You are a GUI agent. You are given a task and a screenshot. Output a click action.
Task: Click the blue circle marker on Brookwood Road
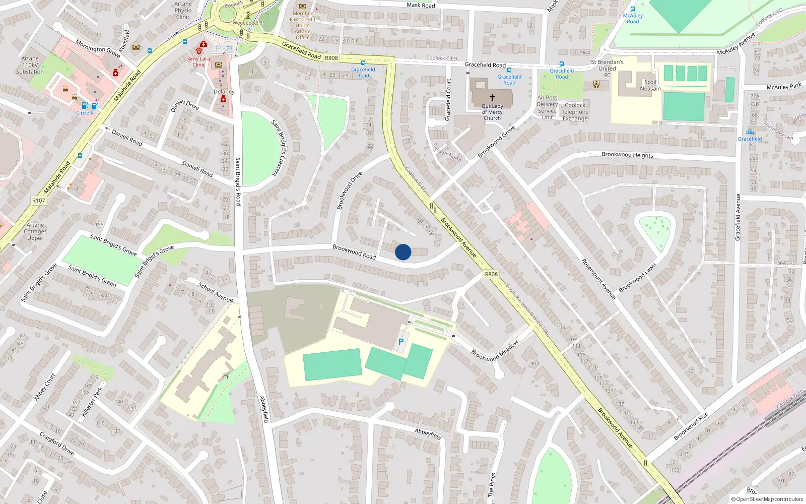coord(403,252)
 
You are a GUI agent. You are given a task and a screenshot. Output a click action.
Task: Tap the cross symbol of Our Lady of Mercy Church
coord(492,98)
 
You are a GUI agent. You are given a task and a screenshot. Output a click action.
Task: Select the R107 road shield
coord(39,201)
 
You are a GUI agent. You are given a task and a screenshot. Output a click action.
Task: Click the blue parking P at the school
coord(401,342)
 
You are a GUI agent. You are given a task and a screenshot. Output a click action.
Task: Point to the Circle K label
coord(85,113)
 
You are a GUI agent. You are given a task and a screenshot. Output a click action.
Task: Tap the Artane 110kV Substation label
coord(30,65)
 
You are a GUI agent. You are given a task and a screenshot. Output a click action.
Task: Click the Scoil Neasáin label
coord(650,85)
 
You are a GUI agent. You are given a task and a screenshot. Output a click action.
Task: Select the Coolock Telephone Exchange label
coord(575,112)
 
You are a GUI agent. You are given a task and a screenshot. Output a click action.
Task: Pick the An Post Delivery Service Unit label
coord(547,107)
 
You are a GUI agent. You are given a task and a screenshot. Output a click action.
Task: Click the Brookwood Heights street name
coord(627,155)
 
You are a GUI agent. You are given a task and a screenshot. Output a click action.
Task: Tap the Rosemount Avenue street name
coord(598,279)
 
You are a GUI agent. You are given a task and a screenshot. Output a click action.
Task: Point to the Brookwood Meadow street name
coord(495,351)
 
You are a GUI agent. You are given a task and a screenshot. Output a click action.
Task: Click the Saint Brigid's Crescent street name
coord(278,148)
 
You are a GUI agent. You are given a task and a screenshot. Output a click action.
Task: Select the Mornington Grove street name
coord(98,48)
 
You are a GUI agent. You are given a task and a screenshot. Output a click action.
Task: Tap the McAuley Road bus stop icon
coord(633,9)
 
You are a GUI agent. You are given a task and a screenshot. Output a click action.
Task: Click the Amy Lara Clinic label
coord(198,61)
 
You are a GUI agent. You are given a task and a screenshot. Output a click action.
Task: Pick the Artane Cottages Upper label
coord(35,231)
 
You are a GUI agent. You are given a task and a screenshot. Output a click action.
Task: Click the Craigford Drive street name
coord(56,444)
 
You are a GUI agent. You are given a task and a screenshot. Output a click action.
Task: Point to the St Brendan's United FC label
coord(607,69)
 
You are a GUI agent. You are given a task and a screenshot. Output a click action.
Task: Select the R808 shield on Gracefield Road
coord(331,58)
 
